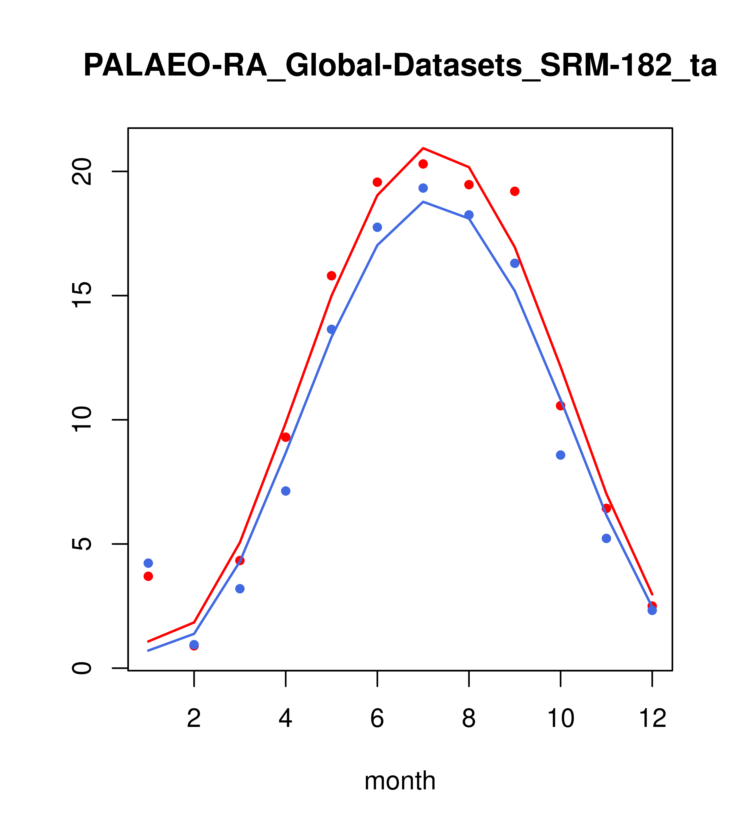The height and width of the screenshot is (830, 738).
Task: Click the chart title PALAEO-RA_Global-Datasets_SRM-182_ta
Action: click(x=400, y=66)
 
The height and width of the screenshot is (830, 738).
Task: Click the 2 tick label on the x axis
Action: click(x=194, y=719)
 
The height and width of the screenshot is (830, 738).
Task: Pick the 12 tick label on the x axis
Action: click(x=652, y=719)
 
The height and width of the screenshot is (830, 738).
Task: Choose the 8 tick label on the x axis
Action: click(x=469, y=719)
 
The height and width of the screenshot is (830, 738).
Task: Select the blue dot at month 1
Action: click(x=148, y=563)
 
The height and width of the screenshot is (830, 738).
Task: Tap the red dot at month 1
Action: click(x=148, y=576)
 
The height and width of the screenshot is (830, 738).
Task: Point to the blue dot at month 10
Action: click(x=560, y=455)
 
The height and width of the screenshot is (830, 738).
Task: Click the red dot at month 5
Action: click(x=332, y=276)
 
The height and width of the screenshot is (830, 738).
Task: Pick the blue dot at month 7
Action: click(x=423, y=188)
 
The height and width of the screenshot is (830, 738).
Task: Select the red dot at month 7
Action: click(x=423, y=164)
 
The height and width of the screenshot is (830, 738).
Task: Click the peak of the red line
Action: click(x=423, y=148)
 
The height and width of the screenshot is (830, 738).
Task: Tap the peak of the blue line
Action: click(x=423, y=202)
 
